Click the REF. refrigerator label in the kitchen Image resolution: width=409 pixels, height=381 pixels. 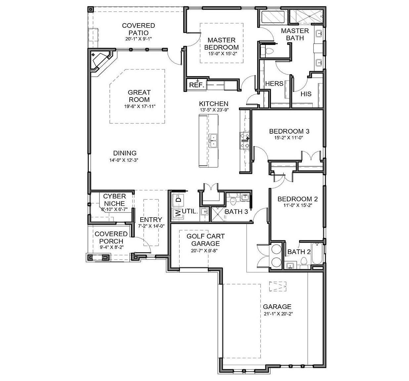click(x=196, y=85)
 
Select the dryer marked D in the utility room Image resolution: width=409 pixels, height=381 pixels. click(x=178, y=199)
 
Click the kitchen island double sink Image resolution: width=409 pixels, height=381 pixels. click(x=213, y=140)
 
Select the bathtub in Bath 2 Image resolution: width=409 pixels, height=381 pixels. click(x=316, y=254)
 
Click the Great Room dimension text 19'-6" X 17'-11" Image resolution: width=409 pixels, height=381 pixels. click(x=139, y=106)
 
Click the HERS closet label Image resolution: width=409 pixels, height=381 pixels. click(x=274, y=84)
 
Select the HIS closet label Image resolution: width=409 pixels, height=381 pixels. click(x=306, y=94)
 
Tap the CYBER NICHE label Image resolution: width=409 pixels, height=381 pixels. click(x=114, y=200)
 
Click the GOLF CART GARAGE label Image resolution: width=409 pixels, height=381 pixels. click(x=205, y=240)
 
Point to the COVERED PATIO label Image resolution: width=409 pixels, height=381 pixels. click(x=138, y=29)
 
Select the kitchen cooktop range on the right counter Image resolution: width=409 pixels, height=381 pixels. click(x=245, y=140)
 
